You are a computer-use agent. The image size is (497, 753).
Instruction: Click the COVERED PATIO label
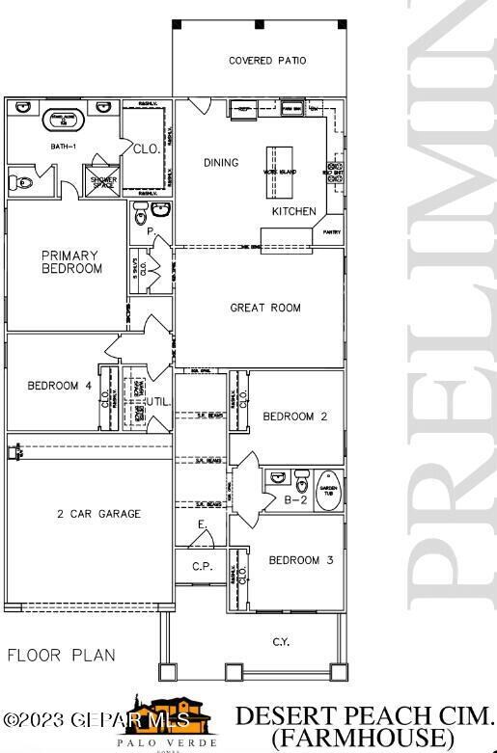[x=267, y=61]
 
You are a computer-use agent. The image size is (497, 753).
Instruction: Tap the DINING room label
[x=221, y=163]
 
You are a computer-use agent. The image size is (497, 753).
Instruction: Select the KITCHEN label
[x=293, y=211]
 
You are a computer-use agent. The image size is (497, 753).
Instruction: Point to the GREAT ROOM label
[x=264, y=309]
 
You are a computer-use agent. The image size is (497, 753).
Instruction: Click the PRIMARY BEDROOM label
[x=71, y=262]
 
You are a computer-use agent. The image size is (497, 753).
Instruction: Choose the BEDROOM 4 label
[x=59, y=387]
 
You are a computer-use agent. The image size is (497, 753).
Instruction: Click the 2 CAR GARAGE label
[x=98, y=514]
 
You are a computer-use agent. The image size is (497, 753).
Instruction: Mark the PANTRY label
[x=331, y=231]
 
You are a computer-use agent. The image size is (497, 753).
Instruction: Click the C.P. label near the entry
[x=202, y=567]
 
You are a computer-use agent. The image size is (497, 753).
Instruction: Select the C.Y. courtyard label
[x=281, y=641]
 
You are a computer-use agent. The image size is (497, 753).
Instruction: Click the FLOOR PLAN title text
[x=61, y=656]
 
